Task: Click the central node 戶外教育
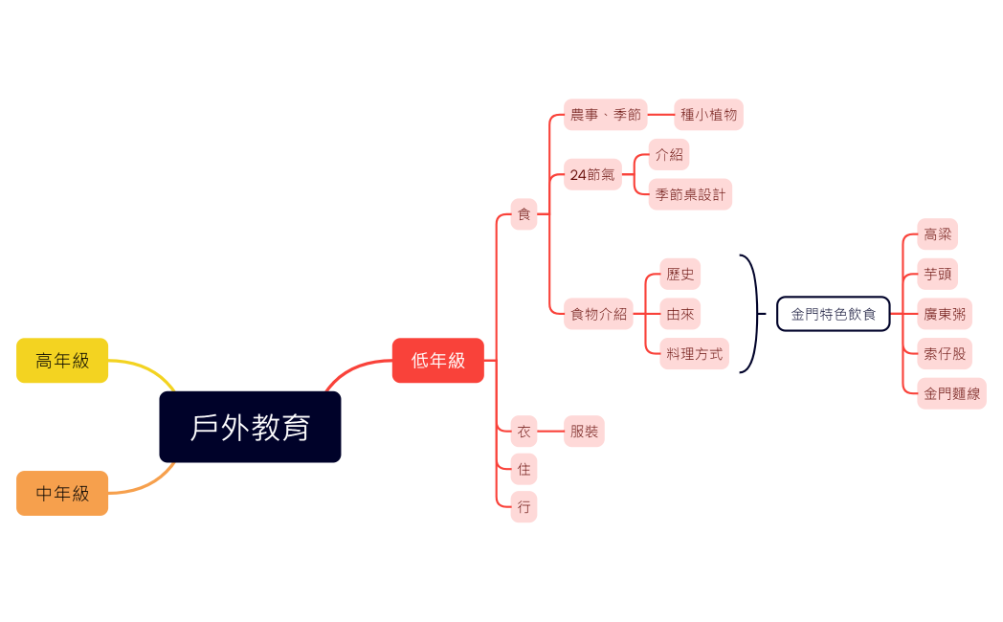tap(250, 427)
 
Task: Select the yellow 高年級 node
tap(62, 361)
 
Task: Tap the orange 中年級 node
tap(62, 493)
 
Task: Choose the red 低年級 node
tap(437, 361)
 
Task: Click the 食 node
tap(524, 214)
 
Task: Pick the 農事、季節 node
tap(605, 115)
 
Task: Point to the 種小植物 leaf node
tap(708, 115)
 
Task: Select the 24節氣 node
tap(592, 174)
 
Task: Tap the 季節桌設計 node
tap(690, 194)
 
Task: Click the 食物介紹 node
tap(598, 313)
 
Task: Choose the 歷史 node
tap(680, 274)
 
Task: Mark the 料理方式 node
tap(694, 353)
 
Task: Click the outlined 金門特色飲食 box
tap(833, 313)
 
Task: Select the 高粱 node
tap(937, 233)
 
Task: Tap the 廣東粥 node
tap(944, 313)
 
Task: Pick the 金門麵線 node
tap(951, 392)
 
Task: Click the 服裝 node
tap(584, 432)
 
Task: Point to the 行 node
tap(524, 507)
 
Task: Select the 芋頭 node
tap(937, 274)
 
